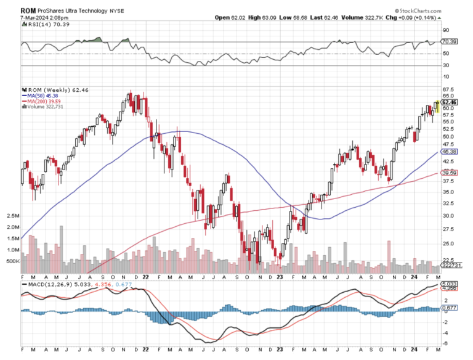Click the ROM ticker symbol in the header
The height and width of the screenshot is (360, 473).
27,10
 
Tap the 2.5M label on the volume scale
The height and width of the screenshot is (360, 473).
13,216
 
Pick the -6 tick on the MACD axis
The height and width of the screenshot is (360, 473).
445,343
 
